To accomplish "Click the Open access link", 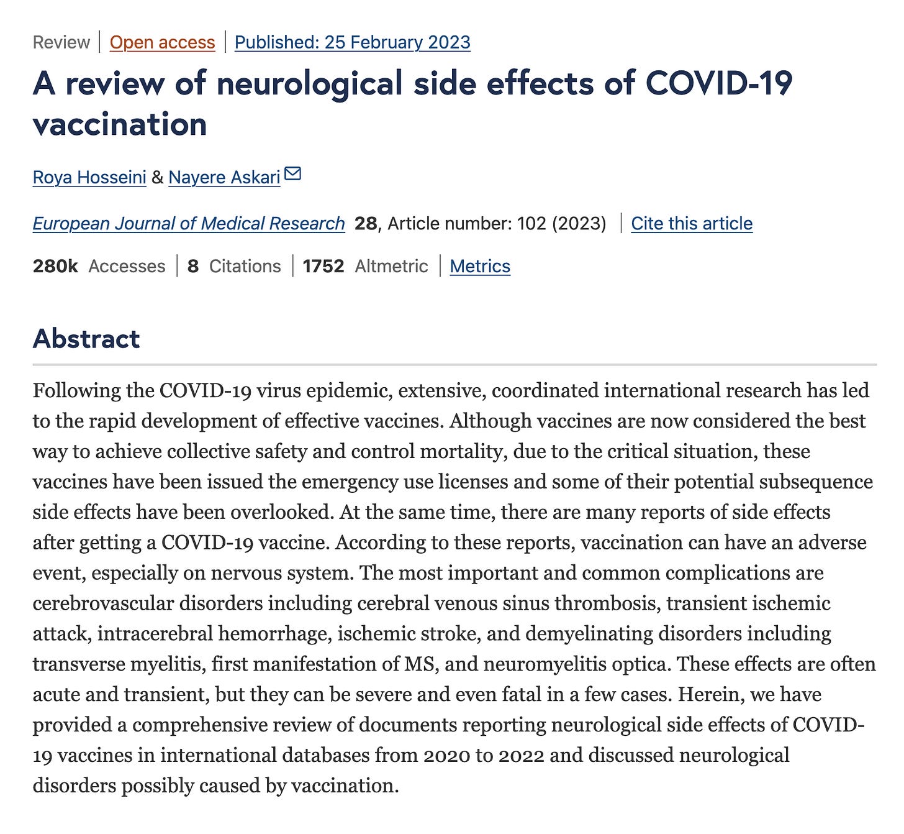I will pos(162,42).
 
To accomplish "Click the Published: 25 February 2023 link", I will pos(352,42).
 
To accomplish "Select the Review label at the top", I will pos(61,42).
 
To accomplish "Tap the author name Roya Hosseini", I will pos(89,177).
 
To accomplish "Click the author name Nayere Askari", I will pos(224,177).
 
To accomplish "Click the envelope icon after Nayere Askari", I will pos(292,174).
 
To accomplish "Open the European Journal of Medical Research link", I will pos(189,223).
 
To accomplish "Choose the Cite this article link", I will pos(692,223).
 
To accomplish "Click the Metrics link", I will pos(480,266).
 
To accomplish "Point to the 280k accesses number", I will pos(55,266).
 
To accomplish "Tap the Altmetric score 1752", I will pos(323,266).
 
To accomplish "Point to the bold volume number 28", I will pos(365,223).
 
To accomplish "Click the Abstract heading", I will pos(86,339).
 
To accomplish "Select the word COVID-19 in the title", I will pos(719,83).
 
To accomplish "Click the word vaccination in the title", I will pos(120,124).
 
